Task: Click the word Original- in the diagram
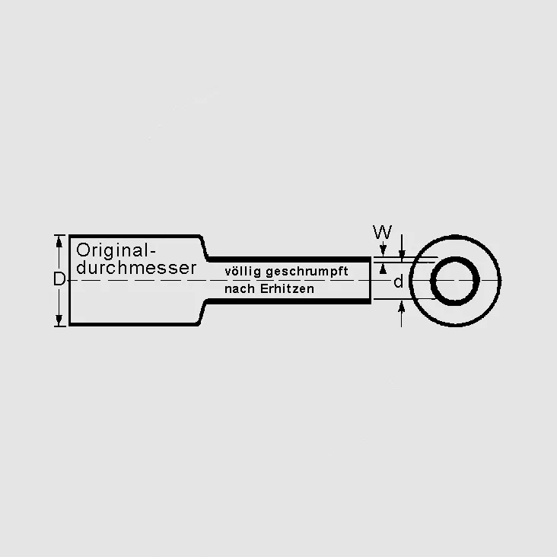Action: click(116, 251)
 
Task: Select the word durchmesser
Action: click(136, 268)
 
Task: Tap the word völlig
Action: click(243, 272)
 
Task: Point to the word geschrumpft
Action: click(307, 272)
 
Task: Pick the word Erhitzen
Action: click(287, 288)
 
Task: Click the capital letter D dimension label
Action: click(59, 279)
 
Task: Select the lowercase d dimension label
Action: click(399, 282)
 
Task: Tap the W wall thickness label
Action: click(382, 232)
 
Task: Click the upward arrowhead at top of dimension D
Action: click(59, 240)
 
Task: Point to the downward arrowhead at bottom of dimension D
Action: click(59, 320)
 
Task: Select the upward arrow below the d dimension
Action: click(402, 314)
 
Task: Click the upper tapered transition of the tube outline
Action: click(204, 247)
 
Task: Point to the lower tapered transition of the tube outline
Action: click(203, 313)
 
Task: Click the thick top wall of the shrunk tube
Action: click(289, 259)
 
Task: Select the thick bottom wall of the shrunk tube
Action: click(289, 301)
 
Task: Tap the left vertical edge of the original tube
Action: click(70, 280)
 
